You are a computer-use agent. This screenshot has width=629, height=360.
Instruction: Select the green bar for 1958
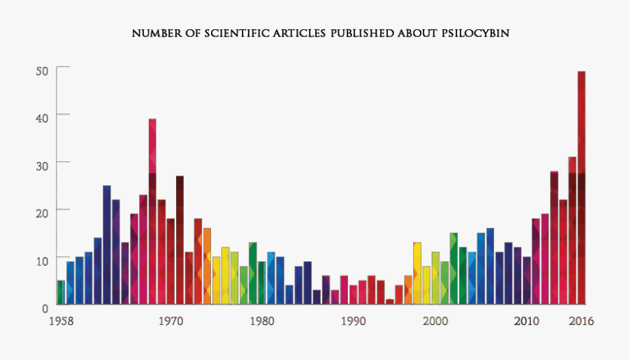tap(61, 292)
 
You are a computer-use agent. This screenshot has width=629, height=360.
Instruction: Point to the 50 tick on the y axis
tap(42, 70)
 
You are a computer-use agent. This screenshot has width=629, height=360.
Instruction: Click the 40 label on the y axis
tap(42, 115)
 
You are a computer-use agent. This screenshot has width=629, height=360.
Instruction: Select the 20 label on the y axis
tap(42, 211)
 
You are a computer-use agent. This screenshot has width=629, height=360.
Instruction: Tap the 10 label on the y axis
tap(42, 260)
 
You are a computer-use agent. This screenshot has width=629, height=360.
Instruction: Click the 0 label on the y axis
tap(45, 307)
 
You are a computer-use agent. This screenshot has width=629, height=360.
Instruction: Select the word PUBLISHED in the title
tap(361, 33)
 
